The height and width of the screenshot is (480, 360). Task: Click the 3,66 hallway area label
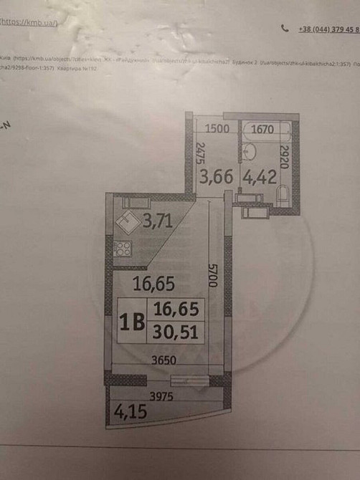tap(215, 176)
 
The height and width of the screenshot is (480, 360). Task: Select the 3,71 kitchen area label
tap(156, 221)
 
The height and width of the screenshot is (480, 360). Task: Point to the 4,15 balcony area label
tap(126, 412)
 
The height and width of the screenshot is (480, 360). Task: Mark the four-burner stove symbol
tap(123, 250)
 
